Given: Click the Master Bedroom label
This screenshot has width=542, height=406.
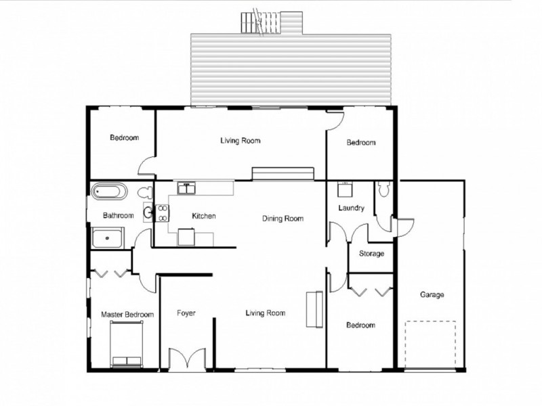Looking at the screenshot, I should tap(127, 315).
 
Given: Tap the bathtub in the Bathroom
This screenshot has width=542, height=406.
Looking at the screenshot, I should tap(109, 191).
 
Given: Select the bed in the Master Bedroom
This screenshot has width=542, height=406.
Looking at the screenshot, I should tap(127, 344).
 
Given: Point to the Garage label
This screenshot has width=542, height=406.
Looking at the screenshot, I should tap(432, 295).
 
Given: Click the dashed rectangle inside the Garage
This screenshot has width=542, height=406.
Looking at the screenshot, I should tap(430, 344).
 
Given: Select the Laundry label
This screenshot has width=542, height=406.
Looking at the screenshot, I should tap(352, 208).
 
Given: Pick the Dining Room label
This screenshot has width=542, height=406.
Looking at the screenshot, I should tap(283, 219).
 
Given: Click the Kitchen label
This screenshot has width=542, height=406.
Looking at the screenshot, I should tap(203, 217).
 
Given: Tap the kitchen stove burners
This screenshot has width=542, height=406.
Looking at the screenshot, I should tap(163, 214).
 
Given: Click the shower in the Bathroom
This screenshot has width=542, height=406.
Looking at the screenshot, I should tap(108, 239).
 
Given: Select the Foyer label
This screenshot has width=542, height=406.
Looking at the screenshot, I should tap(186, 313).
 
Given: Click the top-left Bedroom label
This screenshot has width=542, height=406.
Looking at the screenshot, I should tap(124, 138).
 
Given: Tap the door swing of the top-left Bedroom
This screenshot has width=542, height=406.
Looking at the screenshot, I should tap(146, 166).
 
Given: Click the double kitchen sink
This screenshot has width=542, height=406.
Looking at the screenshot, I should tap(186, 188).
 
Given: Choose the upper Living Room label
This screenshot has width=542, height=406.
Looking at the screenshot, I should tap(240, 141).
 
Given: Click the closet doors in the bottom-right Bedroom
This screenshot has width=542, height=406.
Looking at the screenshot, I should tap(371, 291).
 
